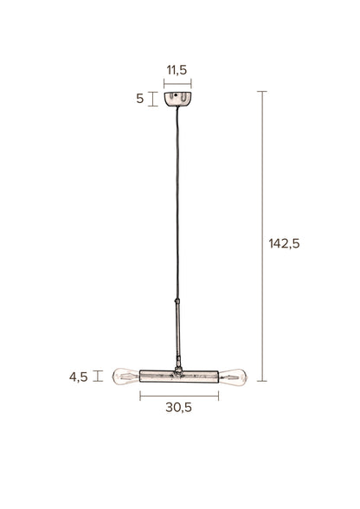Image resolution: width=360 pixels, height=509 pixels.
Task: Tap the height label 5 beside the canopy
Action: [x=140, y=99]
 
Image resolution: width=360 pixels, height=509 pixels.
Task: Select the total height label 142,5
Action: [x=283, y=243]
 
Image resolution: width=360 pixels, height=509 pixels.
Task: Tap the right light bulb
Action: [x=234, y=376]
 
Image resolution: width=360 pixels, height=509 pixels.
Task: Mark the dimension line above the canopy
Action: [x=178, y=83]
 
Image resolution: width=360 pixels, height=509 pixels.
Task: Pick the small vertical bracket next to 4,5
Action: [x=98, y=376]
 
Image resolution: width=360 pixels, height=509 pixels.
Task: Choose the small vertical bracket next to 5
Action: [x=153, y=99]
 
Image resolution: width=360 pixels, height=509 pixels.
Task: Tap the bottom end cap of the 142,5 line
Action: [x=263, y=382]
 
